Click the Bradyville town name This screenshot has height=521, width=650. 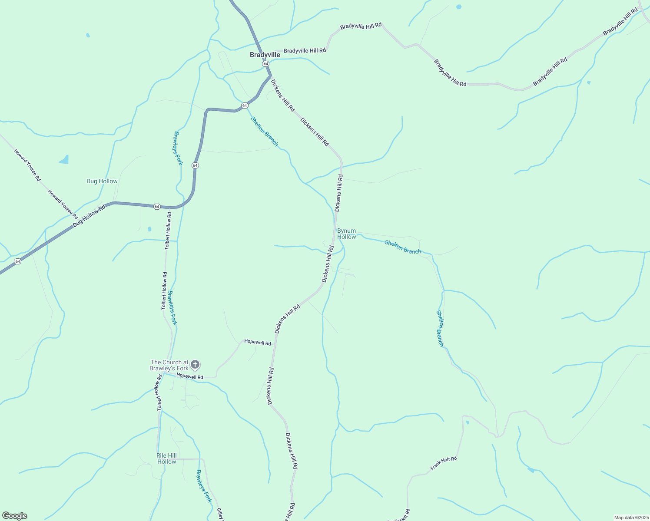coord(265,55)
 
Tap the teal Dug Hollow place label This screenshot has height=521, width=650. coord(102,181)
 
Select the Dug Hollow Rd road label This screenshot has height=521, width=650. coord(89,216)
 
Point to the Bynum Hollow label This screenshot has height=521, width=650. coord(346,234)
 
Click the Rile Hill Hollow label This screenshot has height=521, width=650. coord(166,458)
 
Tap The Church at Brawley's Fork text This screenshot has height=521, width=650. coord(169,365)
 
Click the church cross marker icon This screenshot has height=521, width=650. coord(195,364)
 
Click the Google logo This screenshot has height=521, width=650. coord(14,516)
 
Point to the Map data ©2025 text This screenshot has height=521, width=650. coord(631,518)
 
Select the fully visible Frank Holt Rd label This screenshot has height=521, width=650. coord(444,463)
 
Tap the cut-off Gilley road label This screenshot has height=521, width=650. coord(220,514)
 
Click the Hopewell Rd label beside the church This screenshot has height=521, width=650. coord(190,377)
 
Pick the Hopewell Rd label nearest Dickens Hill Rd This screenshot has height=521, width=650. coord(257,343)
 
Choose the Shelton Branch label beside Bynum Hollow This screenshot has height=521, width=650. coord(403,247)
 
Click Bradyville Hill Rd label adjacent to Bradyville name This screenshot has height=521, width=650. coord(305,51)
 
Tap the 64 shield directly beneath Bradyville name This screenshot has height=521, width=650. coord(265,64)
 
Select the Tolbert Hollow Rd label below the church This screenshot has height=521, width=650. coord(159,393)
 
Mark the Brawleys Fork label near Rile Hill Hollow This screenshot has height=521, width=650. coord(203,486)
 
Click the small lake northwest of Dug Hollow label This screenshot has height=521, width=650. coord(64,160)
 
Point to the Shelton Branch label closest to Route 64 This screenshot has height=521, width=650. coord(264,132)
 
